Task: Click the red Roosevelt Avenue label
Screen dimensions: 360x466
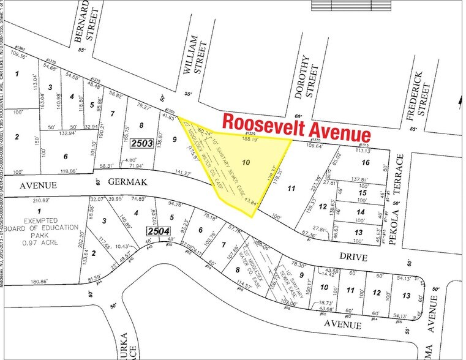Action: (296, 126)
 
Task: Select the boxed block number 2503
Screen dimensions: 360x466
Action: (141, 144)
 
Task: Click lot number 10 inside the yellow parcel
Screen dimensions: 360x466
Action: (246, 163)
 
